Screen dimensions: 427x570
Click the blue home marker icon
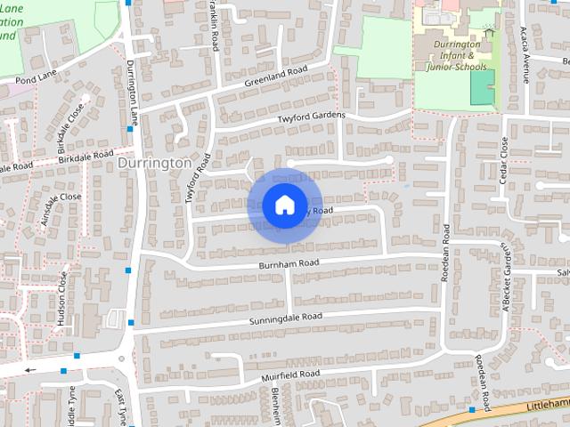pos(284,205)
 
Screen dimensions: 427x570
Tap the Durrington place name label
pos(154,164)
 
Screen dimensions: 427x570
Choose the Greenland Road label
pos(276,77)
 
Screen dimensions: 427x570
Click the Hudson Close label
pos(62,299)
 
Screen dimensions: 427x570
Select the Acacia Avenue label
pos(525,53)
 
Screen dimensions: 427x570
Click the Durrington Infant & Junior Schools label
pos(460,54)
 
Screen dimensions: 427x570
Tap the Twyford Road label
pos(198,178)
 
